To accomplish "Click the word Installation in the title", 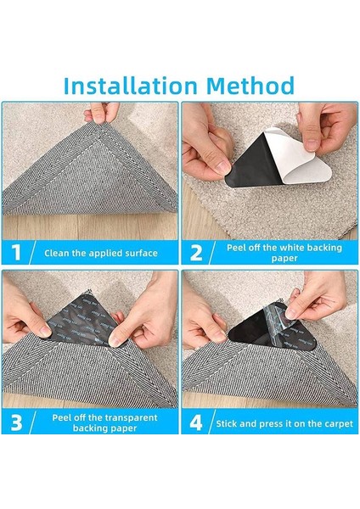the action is pyautogui.click(x=130, y=86).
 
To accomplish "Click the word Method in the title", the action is pyautogui.click(x=250, y=86).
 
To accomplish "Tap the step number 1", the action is pyautogui.click(x=16, y=253).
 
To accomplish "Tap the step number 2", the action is pyautogui.click(x=196, y=253).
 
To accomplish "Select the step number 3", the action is pyautogui.click(x=16, y=422).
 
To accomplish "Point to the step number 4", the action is pyautogui.click(x=196, y=422).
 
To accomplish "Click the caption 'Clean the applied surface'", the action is pyautogui.click(x=101, y=253).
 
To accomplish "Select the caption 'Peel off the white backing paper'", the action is pyautogui.click(x=284, y=253).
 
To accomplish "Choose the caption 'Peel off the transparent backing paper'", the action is pyautogui.click(x=104, y=422).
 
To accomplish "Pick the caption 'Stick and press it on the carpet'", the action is pyautogui.click(x=284, y=423).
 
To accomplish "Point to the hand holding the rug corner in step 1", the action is pyautogui.click(x=101, y=112).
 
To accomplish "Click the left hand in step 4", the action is pyautogui.click(x=203, y=322).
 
